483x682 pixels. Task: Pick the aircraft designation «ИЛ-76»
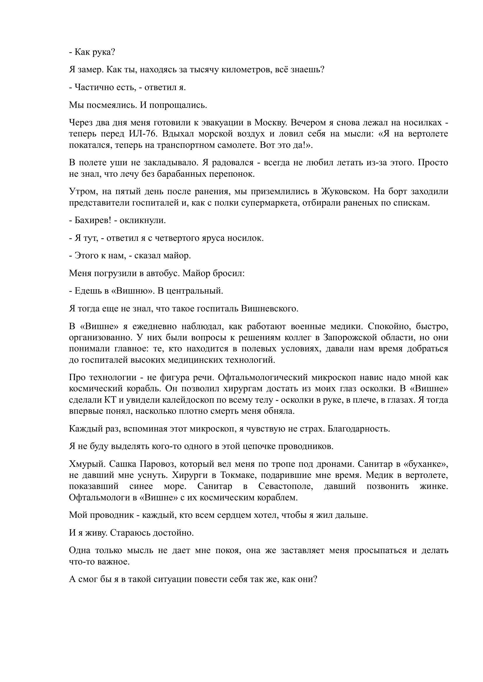pyautogui.click(x=143, y=134)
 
